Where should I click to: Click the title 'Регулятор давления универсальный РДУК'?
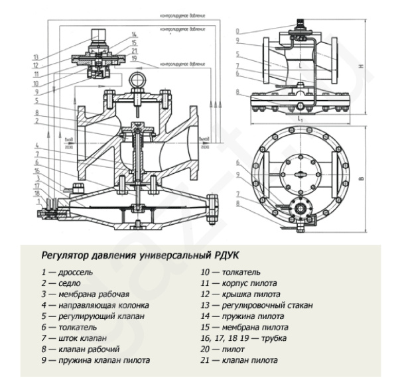pos(139,254)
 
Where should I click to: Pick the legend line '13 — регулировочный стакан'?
pos(256,305)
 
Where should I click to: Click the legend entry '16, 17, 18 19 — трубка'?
pos(241,338)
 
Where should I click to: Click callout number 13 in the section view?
pos(36,56)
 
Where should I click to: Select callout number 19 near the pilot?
pos(134,58)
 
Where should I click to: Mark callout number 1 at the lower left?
pos(38,200)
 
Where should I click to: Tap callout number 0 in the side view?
pos(237,31)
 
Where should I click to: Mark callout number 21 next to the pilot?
pos(134,50)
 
